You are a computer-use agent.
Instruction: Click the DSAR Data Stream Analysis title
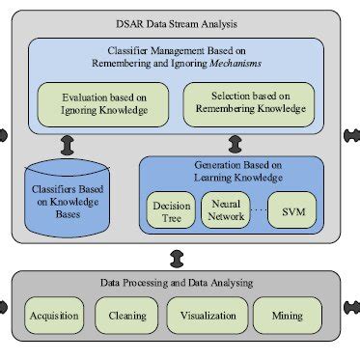(180, 21)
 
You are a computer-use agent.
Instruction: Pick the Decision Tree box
(170, 209)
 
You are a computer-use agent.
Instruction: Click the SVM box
(291, 210)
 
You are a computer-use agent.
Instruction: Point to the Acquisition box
(53, 315)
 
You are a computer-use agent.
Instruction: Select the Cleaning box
(126, 315)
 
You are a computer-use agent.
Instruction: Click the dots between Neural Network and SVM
(259, 210)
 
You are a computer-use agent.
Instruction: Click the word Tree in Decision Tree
(170, 217)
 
